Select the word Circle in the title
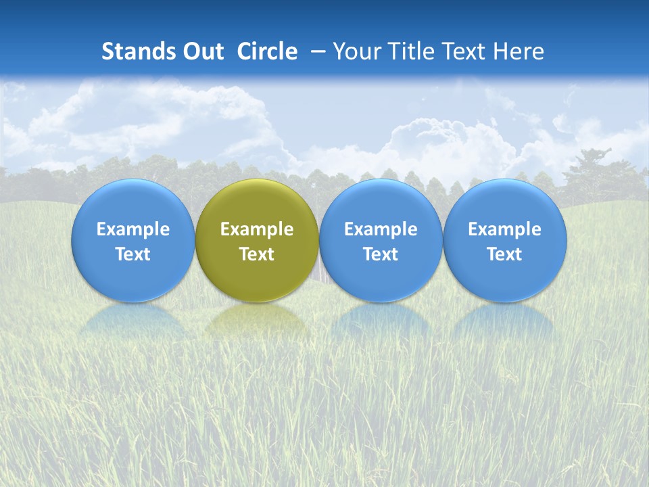267,51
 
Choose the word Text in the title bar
466,51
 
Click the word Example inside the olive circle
257,229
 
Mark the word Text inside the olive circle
257,254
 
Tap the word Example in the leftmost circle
133,229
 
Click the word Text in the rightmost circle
505,254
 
